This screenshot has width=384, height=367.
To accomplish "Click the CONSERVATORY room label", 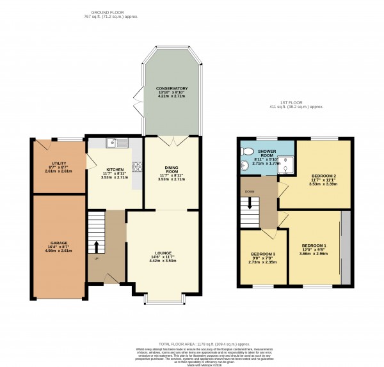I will point(170,88).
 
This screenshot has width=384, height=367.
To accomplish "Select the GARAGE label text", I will point(58,243).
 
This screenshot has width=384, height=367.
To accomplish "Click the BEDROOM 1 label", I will point(314,246).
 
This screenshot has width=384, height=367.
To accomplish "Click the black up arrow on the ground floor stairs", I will point(97,247).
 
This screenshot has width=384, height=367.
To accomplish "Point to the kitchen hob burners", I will point(136,167).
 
